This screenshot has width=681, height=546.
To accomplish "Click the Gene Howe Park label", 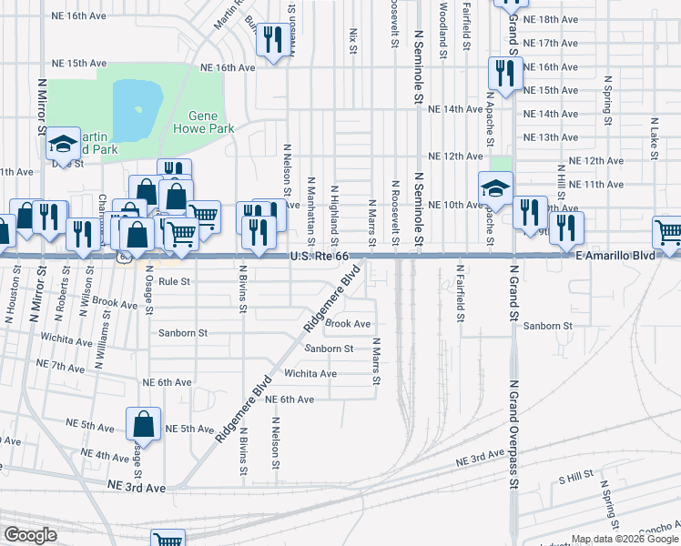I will [211, 122].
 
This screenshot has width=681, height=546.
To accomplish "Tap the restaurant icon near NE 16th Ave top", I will [271, 40].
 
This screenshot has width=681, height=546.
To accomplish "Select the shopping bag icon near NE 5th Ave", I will [145, 423].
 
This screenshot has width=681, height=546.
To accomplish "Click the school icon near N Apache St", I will [495, 187].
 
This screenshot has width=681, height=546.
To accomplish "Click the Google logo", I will [31, 534].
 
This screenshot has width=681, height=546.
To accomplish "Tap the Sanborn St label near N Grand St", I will [547, 325].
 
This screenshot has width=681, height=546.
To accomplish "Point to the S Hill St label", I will [575, 476].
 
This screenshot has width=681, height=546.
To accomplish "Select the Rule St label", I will [174, 282].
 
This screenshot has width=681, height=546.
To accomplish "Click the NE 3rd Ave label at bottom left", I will [137, 488].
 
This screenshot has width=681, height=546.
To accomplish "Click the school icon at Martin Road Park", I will [64, 142].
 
